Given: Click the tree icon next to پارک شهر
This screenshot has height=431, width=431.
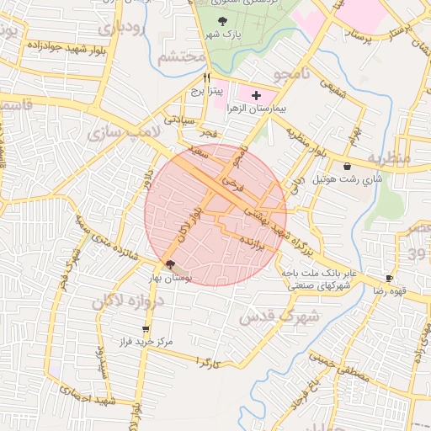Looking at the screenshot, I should point(222,21).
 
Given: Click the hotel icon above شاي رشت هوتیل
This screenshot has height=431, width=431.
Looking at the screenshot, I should point(348,167).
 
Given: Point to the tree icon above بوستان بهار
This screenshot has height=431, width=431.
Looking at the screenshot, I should point(172,264).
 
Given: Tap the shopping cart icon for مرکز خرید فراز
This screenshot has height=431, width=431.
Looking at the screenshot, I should point(146,329).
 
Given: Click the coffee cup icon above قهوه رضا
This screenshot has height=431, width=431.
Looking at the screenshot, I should point(389,278).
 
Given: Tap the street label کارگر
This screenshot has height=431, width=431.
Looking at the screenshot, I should point(208,362).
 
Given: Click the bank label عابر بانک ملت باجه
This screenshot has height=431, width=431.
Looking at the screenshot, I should point(317,273).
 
